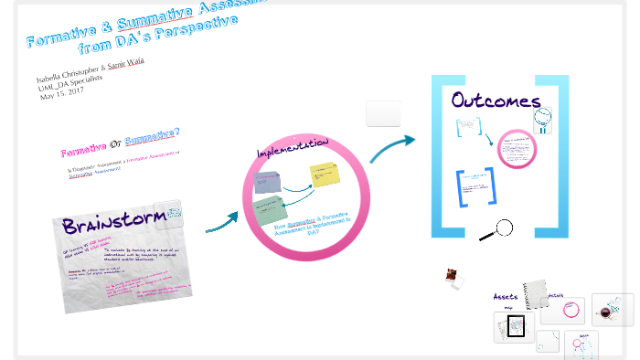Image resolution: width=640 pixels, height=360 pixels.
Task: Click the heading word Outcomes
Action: [x=495, y=101]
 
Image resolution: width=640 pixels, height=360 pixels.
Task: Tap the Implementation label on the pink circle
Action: [x=293, y=149]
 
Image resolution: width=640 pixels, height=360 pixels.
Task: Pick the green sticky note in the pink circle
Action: [x=271, y=209]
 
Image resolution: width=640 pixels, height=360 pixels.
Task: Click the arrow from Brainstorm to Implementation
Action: [x=221, y=222]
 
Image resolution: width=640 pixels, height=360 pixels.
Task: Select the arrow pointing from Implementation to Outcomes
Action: [x=392, y=147]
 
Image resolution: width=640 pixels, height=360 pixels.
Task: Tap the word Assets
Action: [x=506, y=297]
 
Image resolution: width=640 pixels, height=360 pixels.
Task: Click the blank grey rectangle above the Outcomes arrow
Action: [x=383, y=113]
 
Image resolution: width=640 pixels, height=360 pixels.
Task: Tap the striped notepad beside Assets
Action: [x=533, y=294]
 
